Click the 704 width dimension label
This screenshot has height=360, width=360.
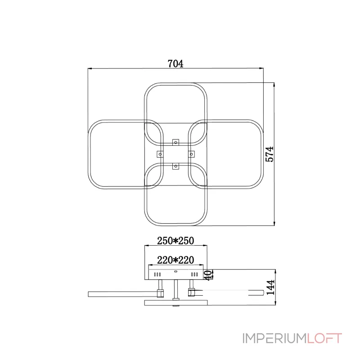tap(175, 63)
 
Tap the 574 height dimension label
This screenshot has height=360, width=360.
tap(270, 154)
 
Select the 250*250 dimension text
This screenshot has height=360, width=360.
tap(175, 241)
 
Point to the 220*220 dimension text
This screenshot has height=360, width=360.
tap(175, 260)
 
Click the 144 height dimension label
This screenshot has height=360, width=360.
tap(270, 287)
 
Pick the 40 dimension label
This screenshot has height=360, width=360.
tap(207, 275)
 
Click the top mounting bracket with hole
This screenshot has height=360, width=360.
tap(175, 142)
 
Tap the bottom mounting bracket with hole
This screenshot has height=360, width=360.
tap(175, 166)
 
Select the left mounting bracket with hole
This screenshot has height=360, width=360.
tap(160, 154)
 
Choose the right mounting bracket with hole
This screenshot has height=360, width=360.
tap(192, 154)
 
